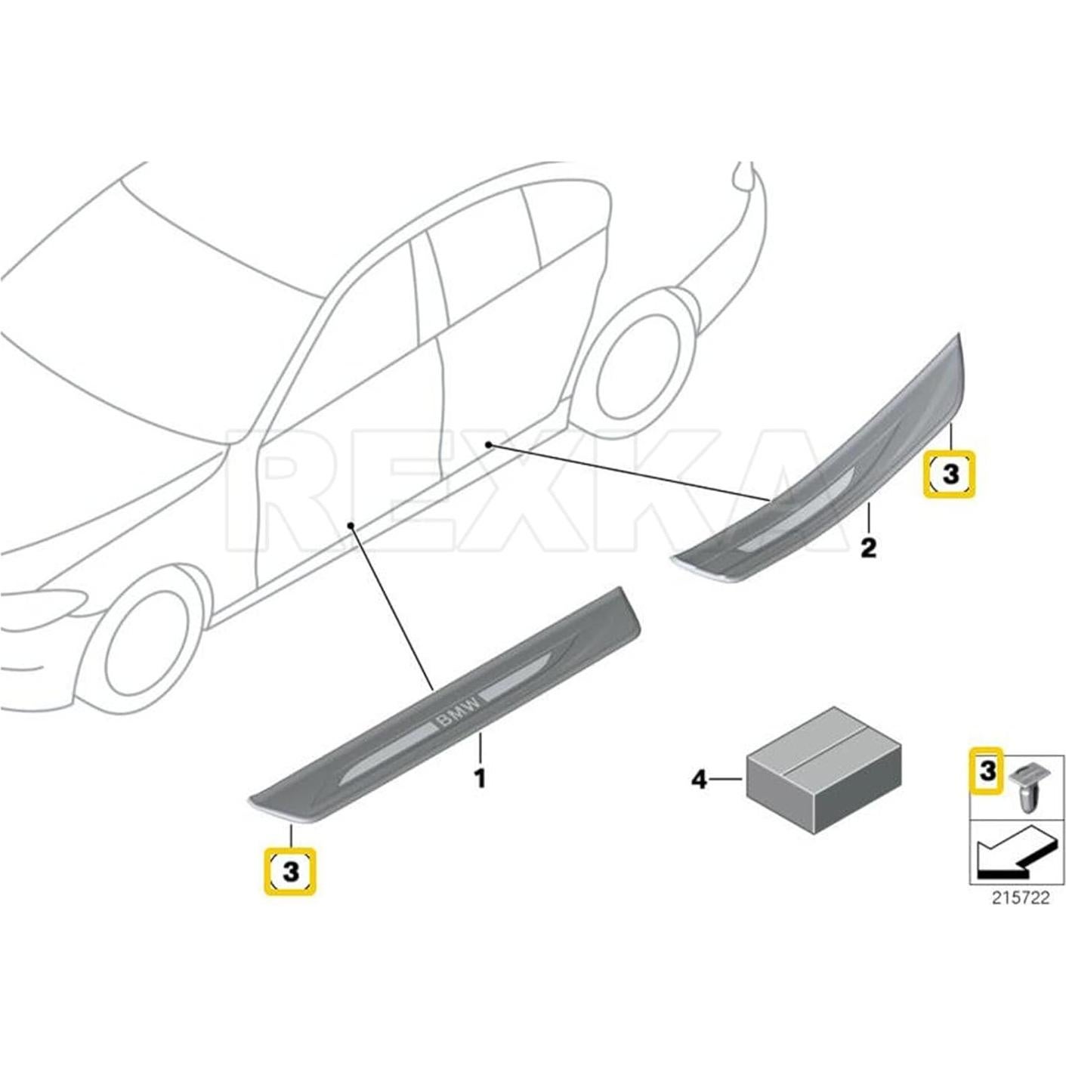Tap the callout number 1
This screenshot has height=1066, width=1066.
(480, 777)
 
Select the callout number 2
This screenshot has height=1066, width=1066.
(868, 546)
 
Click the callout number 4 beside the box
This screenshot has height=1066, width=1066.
(700, 779)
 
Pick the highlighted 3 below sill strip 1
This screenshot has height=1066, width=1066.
(290, 871)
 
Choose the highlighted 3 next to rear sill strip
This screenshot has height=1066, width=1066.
(950, 474)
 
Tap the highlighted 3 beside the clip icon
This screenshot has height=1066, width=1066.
(986, 771)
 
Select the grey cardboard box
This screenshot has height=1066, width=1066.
(823, 771)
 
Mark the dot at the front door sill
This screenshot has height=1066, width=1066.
(350, 524)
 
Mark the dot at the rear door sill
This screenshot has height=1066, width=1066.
(489, 443)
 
